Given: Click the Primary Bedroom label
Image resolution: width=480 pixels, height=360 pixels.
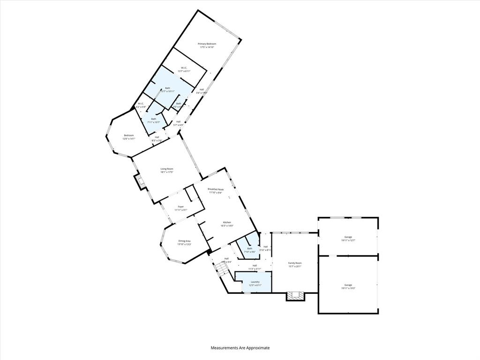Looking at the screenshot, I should [x=207, y=44].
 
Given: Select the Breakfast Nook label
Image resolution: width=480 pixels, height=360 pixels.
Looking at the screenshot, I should [x=216, y=189].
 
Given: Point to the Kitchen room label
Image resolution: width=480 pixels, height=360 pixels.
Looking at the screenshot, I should [x=227, y=222].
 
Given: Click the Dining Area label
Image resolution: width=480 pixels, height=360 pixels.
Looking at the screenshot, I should [x=184, y=241].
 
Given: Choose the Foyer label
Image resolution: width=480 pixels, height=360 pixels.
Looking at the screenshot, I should [x=180, y=206].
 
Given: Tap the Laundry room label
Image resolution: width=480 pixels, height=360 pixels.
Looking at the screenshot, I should [x=255, y=282].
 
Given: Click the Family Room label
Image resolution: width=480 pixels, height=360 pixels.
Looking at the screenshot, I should [x=295, y=263].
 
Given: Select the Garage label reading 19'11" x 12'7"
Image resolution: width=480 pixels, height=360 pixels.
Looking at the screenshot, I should [x=348, y=237].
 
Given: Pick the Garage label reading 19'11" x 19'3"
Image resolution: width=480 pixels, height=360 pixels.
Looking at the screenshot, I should [x=348, y=285].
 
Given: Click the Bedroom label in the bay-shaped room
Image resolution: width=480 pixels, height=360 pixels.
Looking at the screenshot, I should [x=128, y=135].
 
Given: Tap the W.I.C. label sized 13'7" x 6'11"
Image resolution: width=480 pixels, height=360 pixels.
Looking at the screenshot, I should [x=184, y=68].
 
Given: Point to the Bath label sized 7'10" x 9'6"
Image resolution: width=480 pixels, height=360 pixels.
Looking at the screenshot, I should [x=249, y=248].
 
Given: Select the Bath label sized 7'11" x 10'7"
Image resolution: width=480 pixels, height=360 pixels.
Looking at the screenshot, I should [x=154, y=119].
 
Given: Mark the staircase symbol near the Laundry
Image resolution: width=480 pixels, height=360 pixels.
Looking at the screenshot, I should [x=222, y=269].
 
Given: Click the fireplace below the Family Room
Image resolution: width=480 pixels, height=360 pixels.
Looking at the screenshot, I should [x=295, y=296].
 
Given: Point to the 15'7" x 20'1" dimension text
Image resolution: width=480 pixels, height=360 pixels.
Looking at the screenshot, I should [x=295, y=266].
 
